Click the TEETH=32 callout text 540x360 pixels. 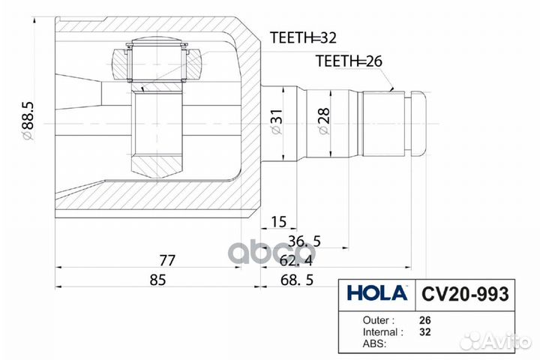click(x=303, y=37)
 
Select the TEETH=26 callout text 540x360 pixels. click(x=349, y=61)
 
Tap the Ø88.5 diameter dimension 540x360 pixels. click(x=28, y=121)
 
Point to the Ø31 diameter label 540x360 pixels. click(x=276, y=121)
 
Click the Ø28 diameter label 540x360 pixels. click(x=323, y=121)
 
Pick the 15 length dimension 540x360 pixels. click(x=278, y=222)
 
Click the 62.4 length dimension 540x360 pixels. click(x=295, y=261)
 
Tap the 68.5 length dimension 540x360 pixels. click(x=297, y=280)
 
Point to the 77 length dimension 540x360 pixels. click(x=167, y=260)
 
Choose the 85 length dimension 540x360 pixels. click(x=157, y=280)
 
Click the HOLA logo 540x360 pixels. click(x=377, y=293)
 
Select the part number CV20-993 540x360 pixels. click(x=465, y=294)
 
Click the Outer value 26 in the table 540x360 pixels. click(x=425, y=320)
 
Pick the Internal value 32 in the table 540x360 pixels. click(x=425, y=332)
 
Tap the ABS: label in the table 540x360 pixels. click(x=374, y=343)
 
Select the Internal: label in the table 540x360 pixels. click(x=382, y=332)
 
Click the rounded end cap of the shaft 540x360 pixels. click(x=418, y=124)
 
